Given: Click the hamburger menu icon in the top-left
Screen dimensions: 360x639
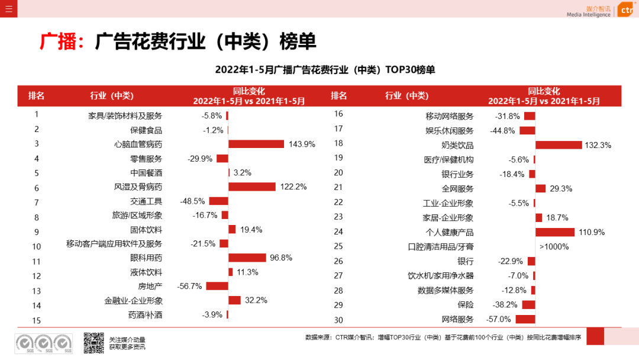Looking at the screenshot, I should tap(8, 8).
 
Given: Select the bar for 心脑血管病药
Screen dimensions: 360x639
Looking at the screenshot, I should tap(256, 144).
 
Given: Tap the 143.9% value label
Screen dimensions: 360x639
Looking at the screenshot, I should tap(302, 144).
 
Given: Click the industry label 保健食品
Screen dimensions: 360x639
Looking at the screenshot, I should tap(146, 130).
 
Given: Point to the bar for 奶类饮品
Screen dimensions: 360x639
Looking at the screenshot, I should tap(559, 145).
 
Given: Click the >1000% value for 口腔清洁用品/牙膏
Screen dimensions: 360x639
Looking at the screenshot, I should tap(554, 246).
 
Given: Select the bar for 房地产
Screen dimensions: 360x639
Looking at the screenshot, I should tap(217, 286).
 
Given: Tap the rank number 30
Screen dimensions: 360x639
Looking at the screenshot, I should tap(338, 320).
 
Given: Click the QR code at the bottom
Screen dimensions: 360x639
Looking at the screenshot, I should tap(93, 343).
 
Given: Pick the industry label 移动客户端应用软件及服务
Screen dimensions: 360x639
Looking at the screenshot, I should tap(114, 243).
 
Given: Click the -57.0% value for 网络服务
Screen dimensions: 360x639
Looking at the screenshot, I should tap(498, 319).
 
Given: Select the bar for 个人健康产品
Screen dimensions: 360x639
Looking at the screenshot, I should tap(555, 232).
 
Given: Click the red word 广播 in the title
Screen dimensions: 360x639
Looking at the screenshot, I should tap(59, 41).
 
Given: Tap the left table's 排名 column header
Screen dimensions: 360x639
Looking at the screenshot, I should tap(37, 96).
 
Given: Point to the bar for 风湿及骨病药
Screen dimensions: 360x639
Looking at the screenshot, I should tap(252, 187).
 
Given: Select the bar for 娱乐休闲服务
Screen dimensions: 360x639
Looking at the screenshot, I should tap(527, 131).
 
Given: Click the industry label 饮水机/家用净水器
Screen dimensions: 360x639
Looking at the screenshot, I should tap(441, 275).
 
